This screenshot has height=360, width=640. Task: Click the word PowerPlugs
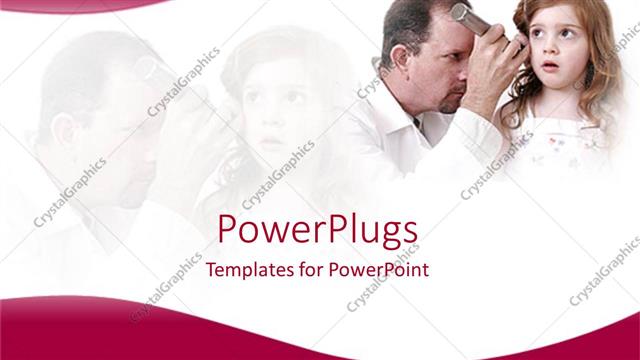(x=317, y=232)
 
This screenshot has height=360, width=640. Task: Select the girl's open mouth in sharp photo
(x=550, y=68)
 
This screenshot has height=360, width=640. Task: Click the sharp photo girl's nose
(x=551, y=51)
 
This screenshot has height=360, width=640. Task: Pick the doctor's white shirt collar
(x=405, y=110)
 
